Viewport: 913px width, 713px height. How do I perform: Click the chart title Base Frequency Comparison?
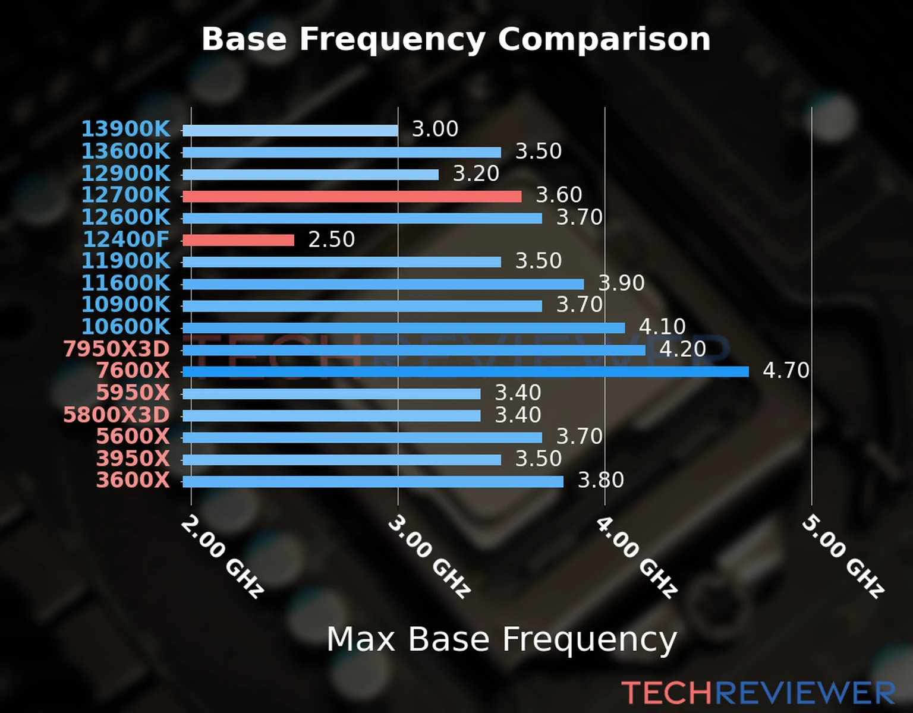tap(456, 39)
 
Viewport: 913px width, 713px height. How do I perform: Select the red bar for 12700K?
tap(352, 196)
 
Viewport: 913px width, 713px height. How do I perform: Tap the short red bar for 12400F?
tap(238, 240)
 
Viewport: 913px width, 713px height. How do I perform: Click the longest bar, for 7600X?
tap(465, 372)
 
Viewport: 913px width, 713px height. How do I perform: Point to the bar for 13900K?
tap(290, 131)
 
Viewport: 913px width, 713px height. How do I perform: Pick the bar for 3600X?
tap(373, 481)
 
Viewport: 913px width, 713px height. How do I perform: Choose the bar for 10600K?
tap(404, 328)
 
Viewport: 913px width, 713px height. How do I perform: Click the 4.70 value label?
tap(786, 371)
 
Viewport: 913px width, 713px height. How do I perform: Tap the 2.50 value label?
tap(331, 239)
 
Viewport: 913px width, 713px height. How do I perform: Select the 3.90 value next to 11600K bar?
tap(621, 283)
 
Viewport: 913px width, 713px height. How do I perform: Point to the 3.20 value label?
tap(476, 173)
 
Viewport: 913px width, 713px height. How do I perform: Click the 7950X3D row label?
tap(117, 349)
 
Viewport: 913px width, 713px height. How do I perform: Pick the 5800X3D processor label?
tap(117, 415)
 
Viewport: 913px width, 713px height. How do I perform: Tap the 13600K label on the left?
tap(125, 152)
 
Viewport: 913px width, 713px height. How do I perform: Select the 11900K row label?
tap(125, 261)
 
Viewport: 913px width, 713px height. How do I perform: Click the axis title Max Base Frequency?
tap(502, 639)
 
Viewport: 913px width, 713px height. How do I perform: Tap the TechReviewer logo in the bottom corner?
tap(758, 693)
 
